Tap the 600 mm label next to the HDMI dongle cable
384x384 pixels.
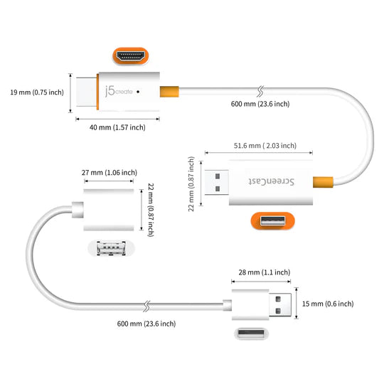pos(260,104)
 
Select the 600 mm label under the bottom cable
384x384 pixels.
pos(146,324)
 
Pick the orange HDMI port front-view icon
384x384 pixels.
pos(134,55)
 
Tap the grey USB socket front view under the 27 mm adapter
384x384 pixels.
pos(110,249)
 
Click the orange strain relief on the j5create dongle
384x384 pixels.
pos(169,92)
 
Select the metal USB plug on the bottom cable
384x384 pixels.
pos(280,304)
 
